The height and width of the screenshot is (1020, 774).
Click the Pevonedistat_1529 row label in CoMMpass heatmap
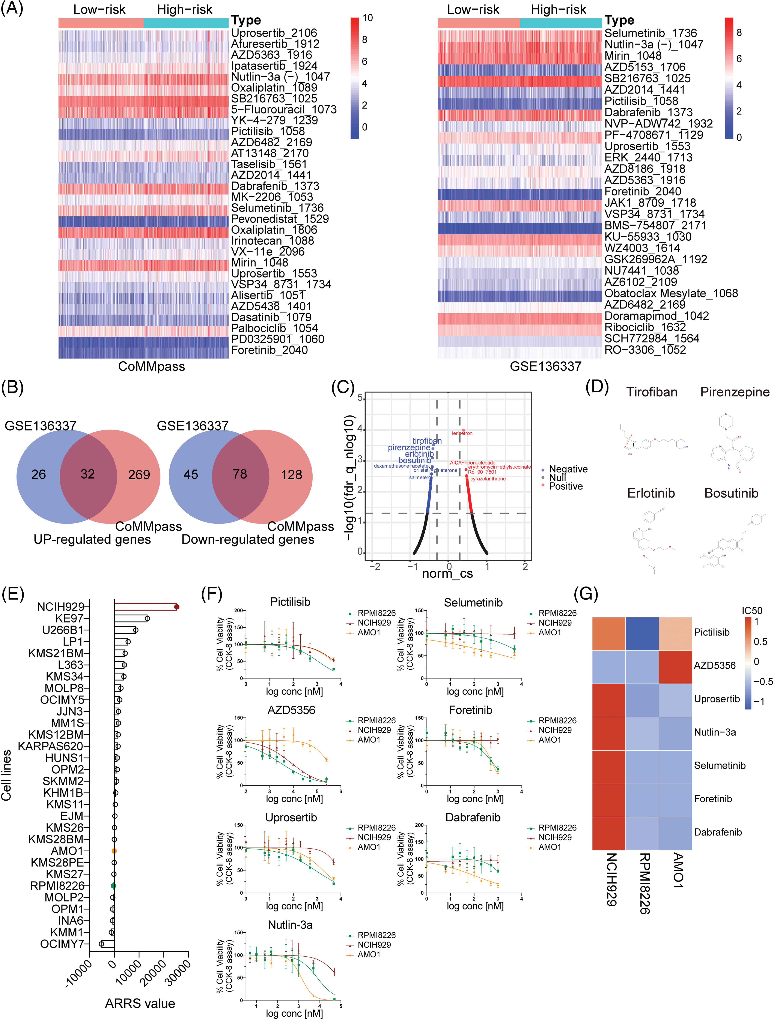tap(280, 219)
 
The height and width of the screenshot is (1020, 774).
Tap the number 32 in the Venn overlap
tap(88, 474)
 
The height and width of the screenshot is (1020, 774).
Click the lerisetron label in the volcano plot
tap(462, 433)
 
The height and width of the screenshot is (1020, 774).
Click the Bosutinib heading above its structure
tap(731, 493)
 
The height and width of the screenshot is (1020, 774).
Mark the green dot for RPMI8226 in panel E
tap(113, 886)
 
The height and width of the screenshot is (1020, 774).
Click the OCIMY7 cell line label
tap(62, 944)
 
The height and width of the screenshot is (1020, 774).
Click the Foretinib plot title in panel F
tap(470, 710)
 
